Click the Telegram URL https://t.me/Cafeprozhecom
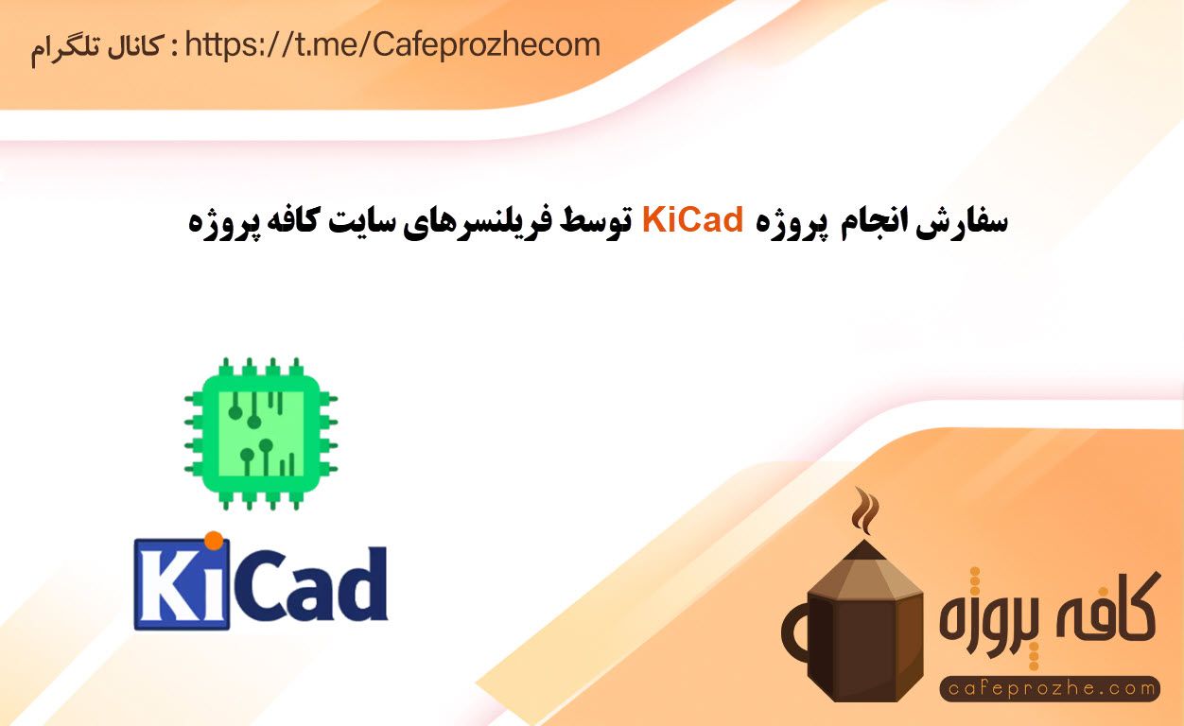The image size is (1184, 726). pos(392,45)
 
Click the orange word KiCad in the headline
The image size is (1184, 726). pos(692,220)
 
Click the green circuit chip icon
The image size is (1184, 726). pos(261,434)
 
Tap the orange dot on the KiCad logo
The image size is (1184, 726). pos(214,541)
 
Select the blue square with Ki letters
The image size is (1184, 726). pos(182,584)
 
